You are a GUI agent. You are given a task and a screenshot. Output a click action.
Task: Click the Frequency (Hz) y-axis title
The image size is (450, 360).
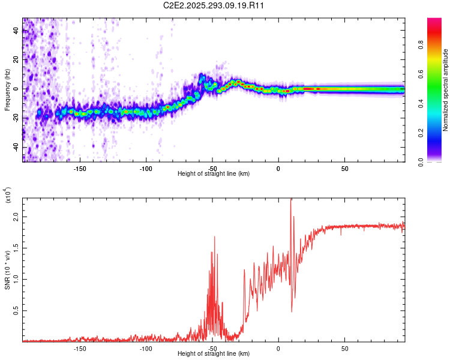(7, 90)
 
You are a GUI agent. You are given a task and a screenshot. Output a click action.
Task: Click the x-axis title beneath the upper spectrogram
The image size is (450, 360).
(214, 174)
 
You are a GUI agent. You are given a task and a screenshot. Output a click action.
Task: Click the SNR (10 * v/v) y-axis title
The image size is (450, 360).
(7, 264)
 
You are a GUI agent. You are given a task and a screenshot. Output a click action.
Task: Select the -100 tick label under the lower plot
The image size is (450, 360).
(146, 348)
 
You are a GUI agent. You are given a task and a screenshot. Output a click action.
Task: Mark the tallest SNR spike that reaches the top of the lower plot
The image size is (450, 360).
(291, 200)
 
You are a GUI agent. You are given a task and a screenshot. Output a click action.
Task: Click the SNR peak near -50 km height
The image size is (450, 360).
(214, 238)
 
